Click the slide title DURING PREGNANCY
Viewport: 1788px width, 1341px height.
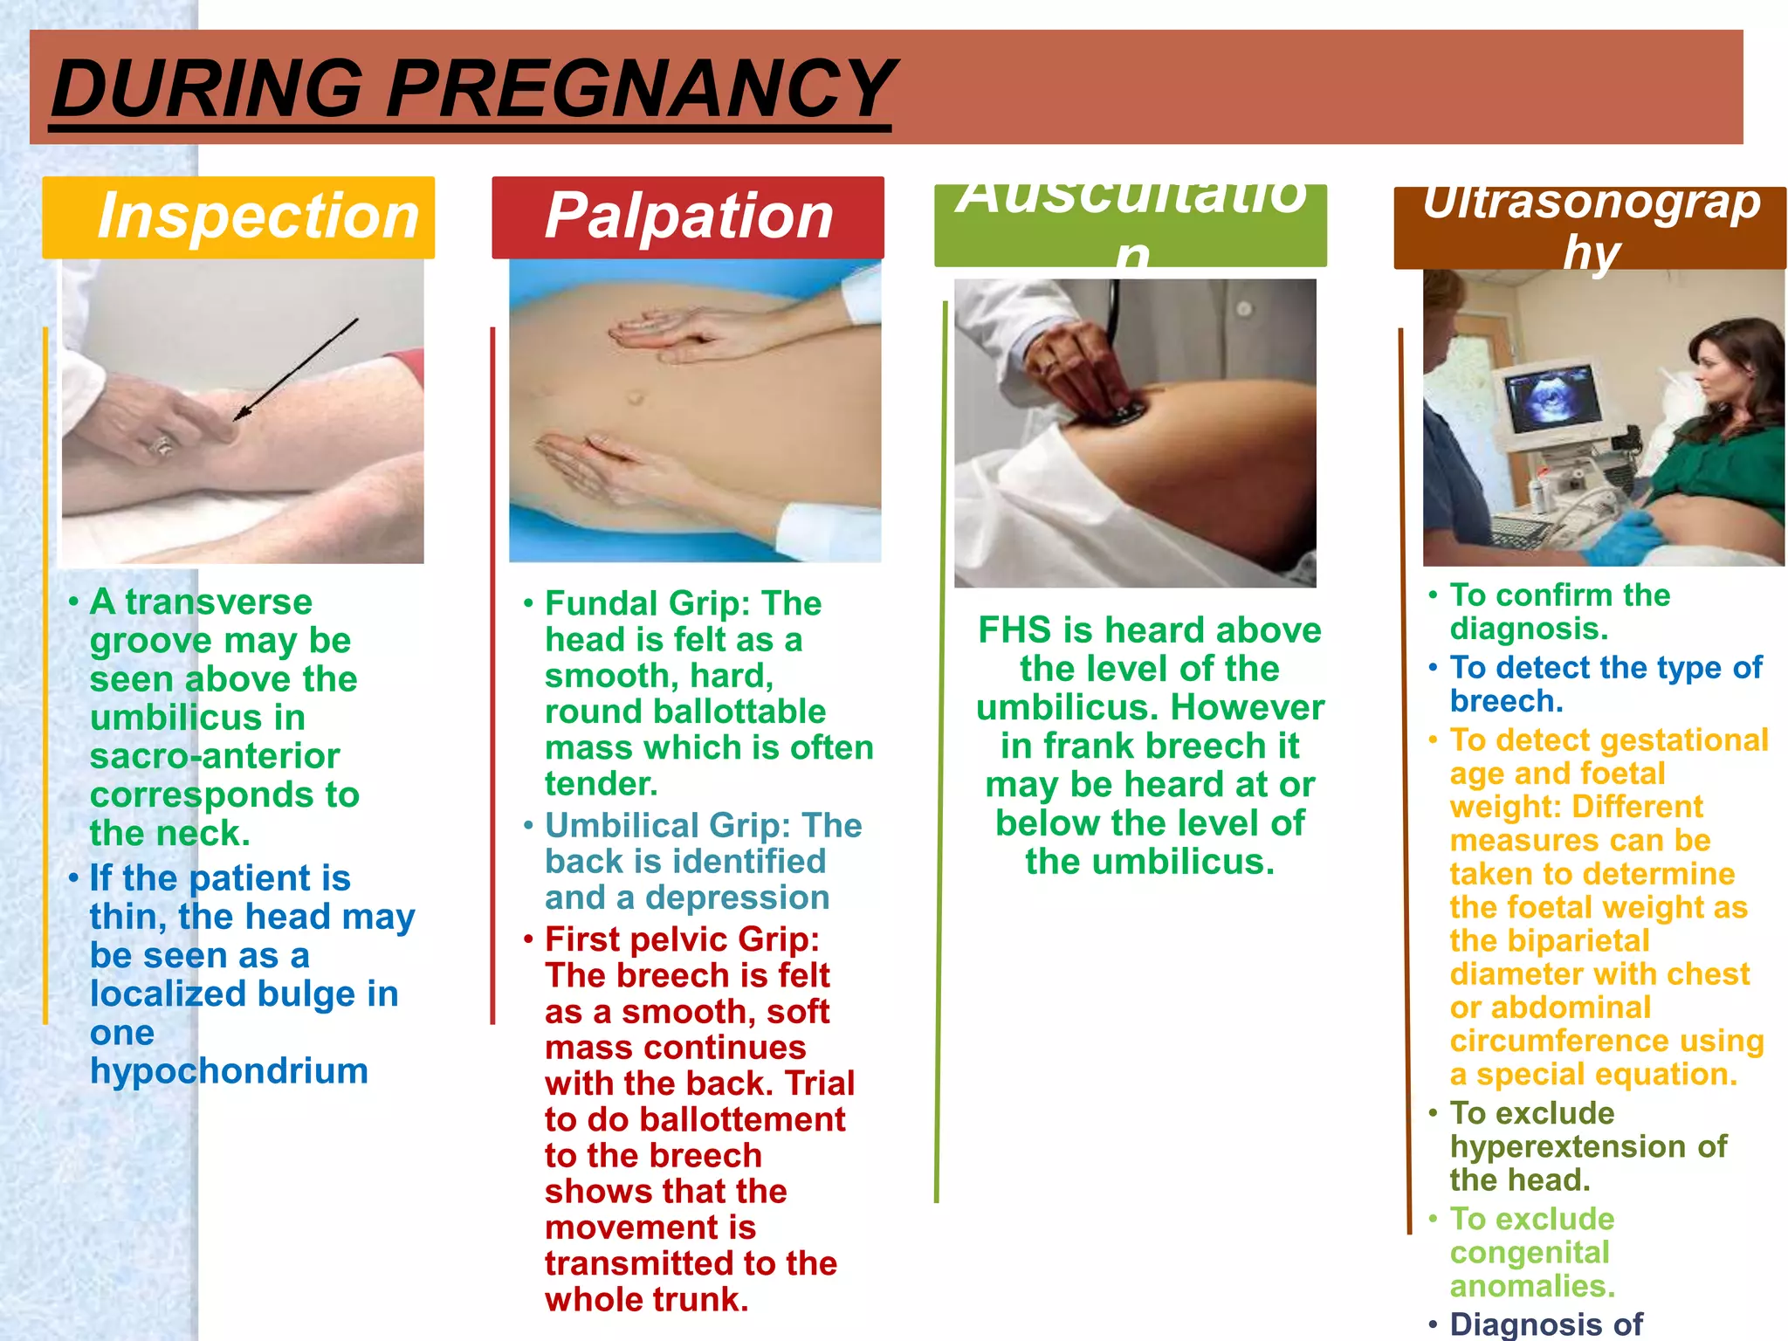[471, 89]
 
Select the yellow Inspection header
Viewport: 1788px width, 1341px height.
[238, 217]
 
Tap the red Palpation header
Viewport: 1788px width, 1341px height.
[688, 217]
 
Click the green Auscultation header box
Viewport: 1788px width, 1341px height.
[1130, 225]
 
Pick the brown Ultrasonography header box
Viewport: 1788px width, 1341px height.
[1589, 227]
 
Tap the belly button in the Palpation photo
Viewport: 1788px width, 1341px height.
[635, 398]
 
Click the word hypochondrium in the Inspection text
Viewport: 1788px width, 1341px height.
[229, 1071]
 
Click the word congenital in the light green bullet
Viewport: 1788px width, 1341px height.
[1530, 1253]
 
